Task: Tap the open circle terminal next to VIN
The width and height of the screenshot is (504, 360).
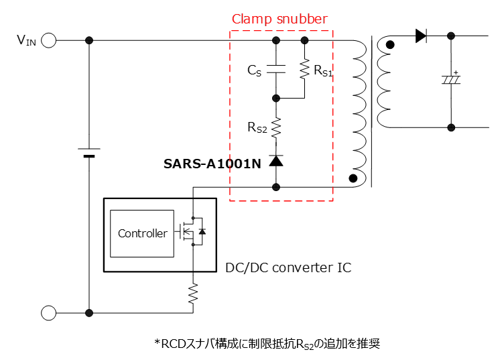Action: tap(48, 41)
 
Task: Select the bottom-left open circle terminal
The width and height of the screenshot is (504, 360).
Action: tap(48, 312)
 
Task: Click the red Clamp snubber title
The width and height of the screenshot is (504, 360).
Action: tap(279, 19)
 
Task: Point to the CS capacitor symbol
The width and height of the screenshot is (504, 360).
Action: tap(275, 68)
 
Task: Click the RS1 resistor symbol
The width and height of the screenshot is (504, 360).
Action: tap(304, 69)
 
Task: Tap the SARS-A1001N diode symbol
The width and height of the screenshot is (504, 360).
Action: tap(275, 161)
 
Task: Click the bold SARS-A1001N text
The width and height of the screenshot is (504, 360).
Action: tap(212, 163)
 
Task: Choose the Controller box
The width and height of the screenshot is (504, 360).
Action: tap(142, 234)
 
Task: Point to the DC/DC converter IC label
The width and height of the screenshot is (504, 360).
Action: tap(288, 267)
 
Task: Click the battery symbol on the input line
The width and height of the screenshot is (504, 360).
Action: tap(88, 153)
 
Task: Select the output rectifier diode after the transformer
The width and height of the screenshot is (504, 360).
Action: tap(421, 36)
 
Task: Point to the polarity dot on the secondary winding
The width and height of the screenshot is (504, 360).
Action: tap(390, 46)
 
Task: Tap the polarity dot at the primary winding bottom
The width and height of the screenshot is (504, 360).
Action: tap(353, 179)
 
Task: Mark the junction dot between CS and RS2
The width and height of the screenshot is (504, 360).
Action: tap(275, 97)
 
